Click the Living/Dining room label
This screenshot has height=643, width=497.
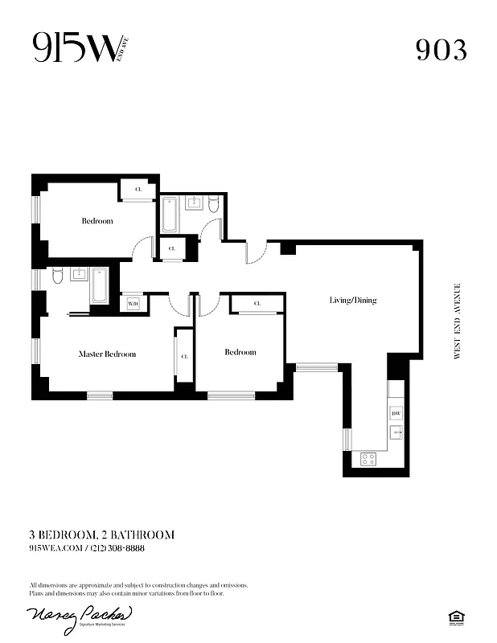pyautogui.click(x=352, y=301)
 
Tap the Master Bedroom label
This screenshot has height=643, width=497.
pyautogui.click(x=107, y=354)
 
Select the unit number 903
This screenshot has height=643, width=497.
pyautogui.click(x=441, y=50)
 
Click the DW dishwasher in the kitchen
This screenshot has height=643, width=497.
pyautogui.click(x=396, y=413)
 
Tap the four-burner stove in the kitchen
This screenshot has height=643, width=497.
pyautogui.click(x=368, y=459)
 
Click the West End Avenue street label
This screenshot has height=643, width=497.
pyautogui.click(x=457, y=321)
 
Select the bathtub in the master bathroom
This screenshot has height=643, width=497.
pyautogui.click(x=100, y=285)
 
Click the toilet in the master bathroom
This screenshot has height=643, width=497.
pyautogui.click(x=57, y=278)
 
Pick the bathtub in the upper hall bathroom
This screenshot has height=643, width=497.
pyautogui.click(x=170, y=214)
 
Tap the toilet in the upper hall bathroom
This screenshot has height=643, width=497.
pyautogui.click(x=213, y=205)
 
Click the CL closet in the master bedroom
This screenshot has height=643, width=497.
pyautogui.click(x=184, y=356)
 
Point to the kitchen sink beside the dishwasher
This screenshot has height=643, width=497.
pyautogui.click(x=396, y=432)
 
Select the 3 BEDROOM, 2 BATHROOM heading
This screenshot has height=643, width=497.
pyautogui.click(x=101, y=534)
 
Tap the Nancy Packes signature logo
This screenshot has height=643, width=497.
pyautogui.click(x=80, y=616)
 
